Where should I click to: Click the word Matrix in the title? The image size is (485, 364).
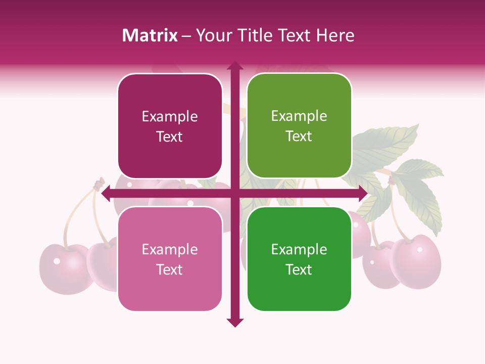coord(150,35)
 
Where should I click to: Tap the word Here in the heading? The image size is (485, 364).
coord(335,35)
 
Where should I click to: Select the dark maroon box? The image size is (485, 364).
coord(170,126)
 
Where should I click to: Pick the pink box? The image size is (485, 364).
coord(170,259)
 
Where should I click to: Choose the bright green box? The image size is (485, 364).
coord(299,259)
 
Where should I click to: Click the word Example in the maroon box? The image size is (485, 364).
coord(170,117)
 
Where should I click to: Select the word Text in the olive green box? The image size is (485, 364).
coord(299,136)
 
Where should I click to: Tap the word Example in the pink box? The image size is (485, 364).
coord(170,250)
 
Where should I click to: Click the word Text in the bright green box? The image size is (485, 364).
coord(299,269)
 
